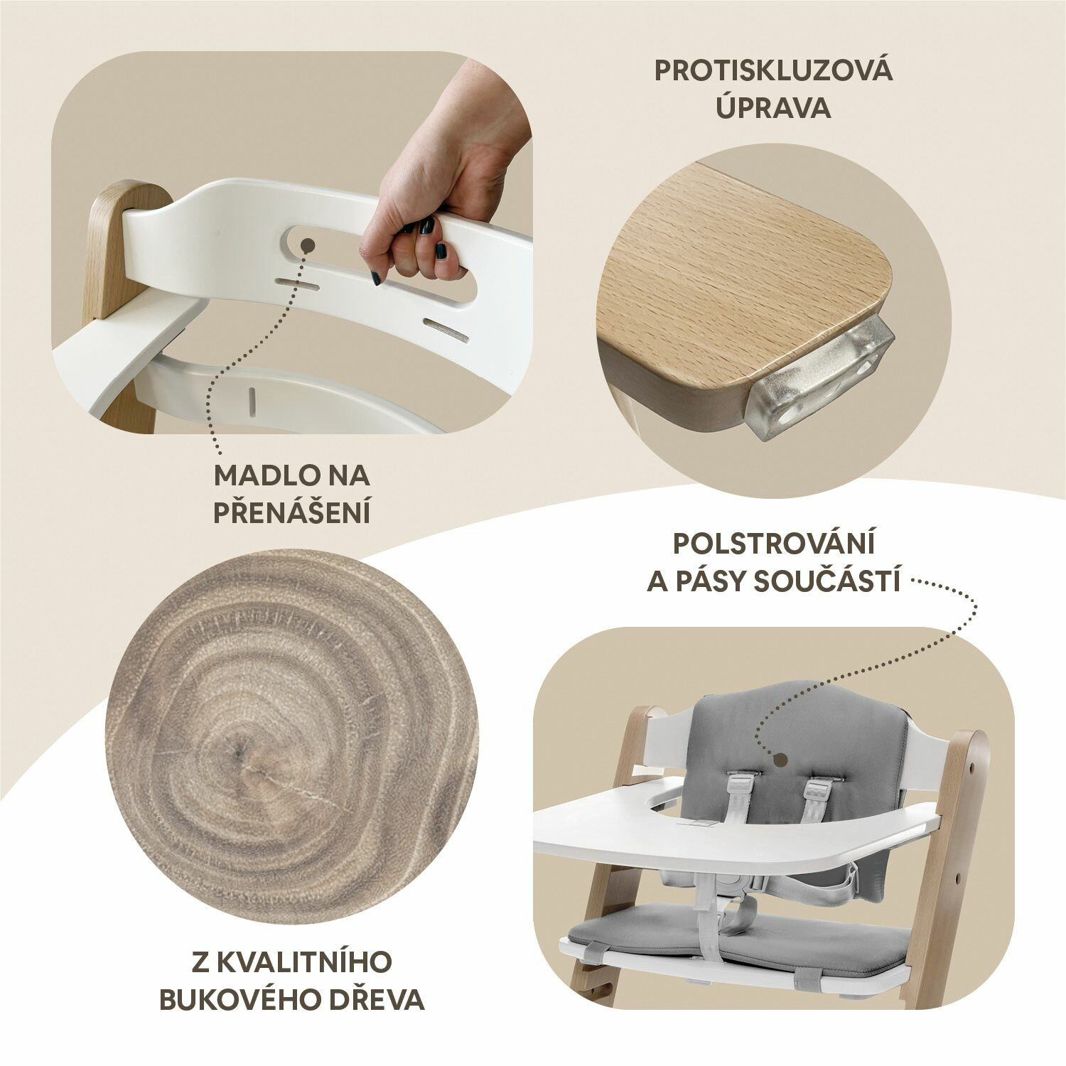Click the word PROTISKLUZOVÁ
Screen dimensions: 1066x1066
(773, 71)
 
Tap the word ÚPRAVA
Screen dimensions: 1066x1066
(773, 108)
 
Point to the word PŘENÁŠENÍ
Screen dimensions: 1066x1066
(292, 512)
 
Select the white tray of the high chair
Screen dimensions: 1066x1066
(732, 824)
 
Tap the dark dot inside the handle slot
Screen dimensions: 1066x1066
(308, 245)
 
